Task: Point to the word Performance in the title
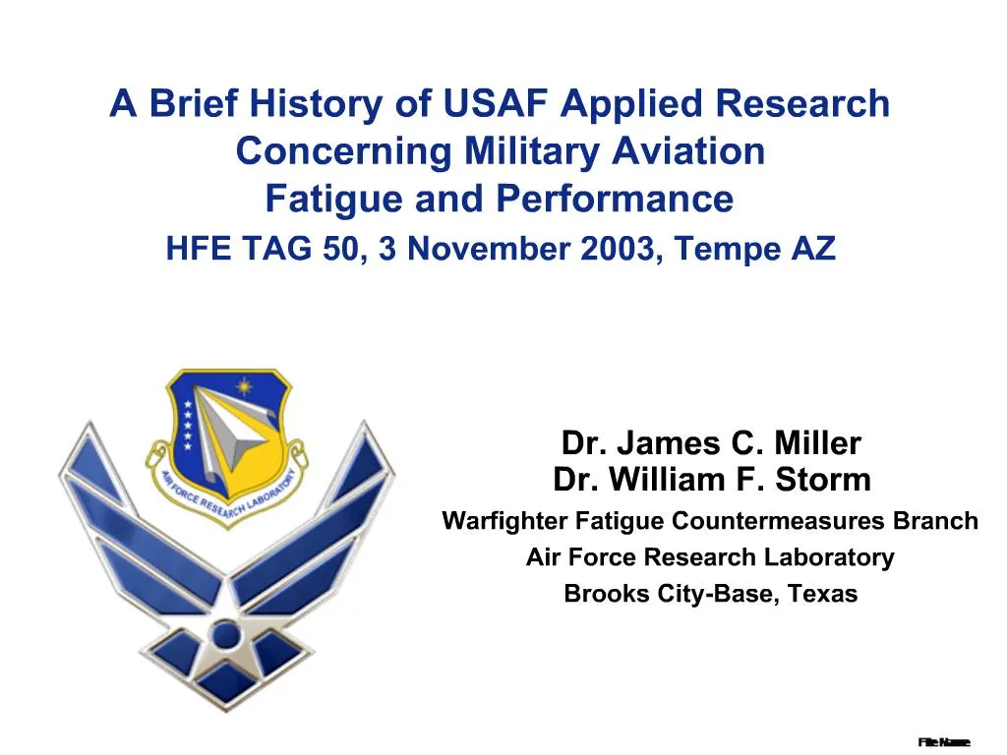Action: point(614,200)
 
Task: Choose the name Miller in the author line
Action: point(817,444)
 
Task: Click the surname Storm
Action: point(825,481)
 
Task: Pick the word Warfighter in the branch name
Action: point(505,521)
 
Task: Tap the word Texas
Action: point(821,594)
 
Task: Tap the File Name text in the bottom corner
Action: point(944,741)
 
